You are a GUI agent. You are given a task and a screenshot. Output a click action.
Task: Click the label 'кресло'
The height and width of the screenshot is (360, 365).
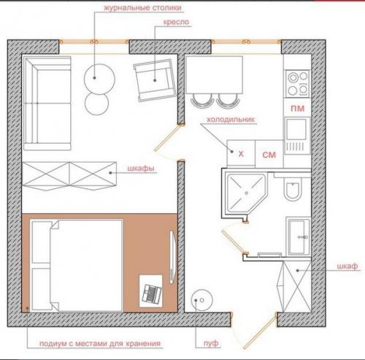pos(176,22)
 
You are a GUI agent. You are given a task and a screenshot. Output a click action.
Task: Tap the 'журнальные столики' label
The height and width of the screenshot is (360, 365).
pos(143,8)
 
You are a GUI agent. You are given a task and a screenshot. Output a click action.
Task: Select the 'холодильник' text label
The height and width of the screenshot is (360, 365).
pos(231,120)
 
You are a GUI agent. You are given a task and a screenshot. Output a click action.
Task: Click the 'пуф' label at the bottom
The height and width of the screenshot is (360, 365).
pos(211,343)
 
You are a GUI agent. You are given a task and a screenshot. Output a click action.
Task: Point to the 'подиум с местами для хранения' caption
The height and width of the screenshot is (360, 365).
pos(100,344)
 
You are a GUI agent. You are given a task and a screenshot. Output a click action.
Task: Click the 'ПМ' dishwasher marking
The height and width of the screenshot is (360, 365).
pos(297,108)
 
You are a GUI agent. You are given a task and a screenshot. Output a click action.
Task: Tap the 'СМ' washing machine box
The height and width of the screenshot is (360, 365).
pos(269,154)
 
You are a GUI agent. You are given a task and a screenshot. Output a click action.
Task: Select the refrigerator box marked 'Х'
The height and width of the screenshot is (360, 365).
pos(241,154)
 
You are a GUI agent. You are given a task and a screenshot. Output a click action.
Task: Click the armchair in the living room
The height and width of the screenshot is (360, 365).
pos(155,80)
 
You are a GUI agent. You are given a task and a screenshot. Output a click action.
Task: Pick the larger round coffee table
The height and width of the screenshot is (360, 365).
pos(99,79)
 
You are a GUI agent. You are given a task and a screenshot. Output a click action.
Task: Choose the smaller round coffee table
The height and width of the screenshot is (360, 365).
pos(96,104)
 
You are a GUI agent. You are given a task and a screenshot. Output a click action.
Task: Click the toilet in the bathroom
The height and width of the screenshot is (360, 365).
pos(293,189)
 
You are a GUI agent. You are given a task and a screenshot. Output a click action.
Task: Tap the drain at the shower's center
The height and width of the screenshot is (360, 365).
pos(247,193)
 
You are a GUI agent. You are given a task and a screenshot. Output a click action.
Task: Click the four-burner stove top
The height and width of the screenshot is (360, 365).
pos(298,83)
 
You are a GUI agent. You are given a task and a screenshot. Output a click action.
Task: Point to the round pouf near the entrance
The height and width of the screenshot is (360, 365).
pos(201,300)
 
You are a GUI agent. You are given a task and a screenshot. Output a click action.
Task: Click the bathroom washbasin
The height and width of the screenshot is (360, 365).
pos(299,237)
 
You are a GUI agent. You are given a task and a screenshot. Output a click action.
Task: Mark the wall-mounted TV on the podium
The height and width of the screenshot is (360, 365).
pos(172,256)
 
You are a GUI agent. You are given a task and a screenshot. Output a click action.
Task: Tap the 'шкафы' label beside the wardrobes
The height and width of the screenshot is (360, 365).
pos(141,168)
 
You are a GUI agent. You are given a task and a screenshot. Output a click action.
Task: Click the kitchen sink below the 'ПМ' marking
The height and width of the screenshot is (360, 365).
pos(297,135)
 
